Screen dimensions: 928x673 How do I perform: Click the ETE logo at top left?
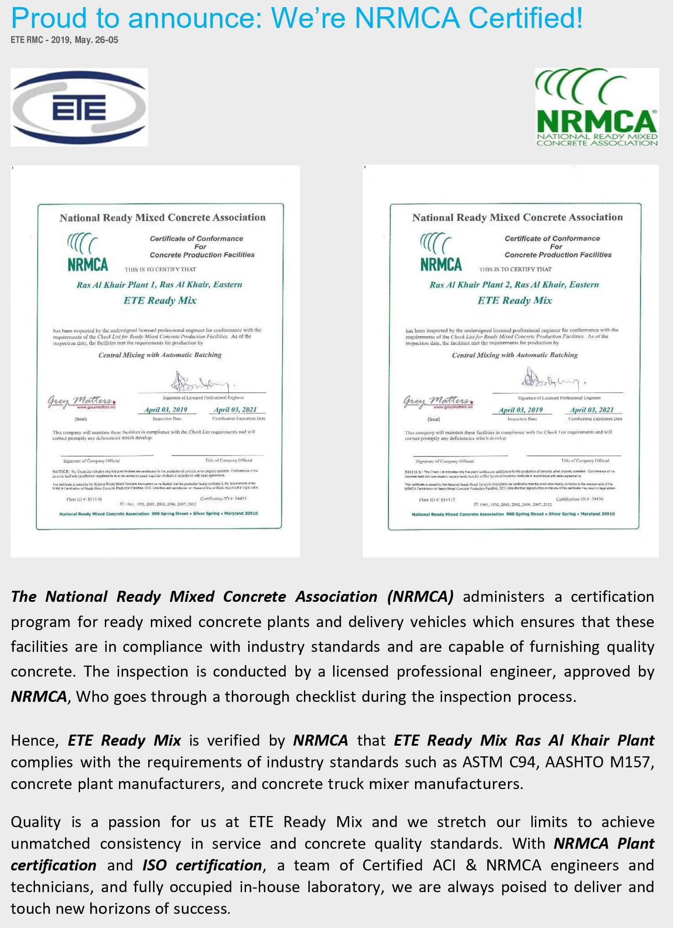[79, 108]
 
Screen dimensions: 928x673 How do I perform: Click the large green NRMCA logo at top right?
[596, 107]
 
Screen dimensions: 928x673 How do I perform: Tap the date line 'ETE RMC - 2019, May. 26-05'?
[65, 40]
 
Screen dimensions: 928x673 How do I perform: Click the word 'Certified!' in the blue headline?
[526, 18]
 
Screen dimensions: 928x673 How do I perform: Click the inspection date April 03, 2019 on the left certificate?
[166, 410]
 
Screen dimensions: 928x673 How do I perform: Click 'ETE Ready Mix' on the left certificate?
[160, 300]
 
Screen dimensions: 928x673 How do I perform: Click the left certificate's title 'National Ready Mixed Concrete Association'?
[163, 218]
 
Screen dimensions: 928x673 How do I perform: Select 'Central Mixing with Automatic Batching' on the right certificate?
[515, 355]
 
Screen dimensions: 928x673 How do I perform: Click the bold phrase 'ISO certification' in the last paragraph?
[202, 865]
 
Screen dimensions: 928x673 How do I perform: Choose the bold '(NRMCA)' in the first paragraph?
[420, 597]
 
